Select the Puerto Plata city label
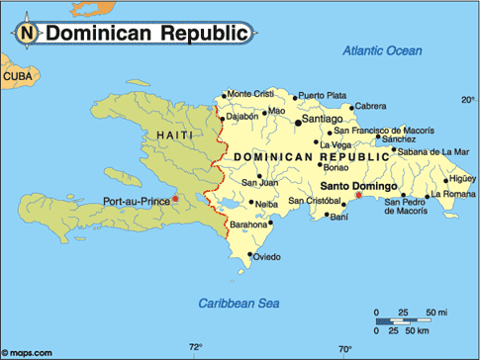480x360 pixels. pyautogui.click(x=323, y=95)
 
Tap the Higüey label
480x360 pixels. pyautogui.click(x=462, y=179)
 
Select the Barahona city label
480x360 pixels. pyautogui.click(x=247, y=225)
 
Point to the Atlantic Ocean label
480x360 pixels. pyautogui.click(x=382, y=50)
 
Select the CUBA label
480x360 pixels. pyautogui.click(x=17, y=76)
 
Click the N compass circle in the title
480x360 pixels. pyautogui.click(x=29, y=33)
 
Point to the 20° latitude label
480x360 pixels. pyautogui.click(x=467, y=100)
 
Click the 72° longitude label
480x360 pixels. pyautogui.click(x=196, y=347)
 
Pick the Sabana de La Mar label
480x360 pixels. pyautogui.click(x=433, y=151)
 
